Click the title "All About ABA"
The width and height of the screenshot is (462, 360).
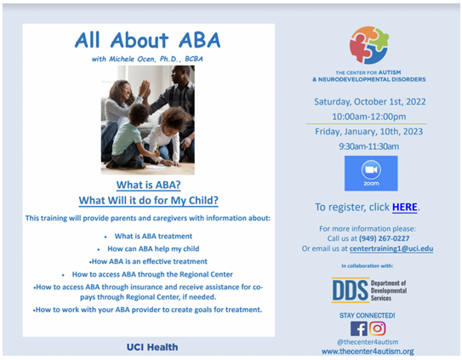tap(147, 40)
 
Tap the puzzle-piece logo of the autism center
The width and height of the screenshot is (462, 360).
tap(369, 45)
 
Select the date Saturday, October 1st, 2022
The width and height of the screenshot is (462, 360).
tap(370, 102)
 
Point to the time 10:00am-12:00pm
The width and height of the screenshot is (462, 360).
tap(369, 117)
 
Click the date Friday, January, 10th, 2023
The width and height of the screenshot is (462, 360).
tap(369, 132)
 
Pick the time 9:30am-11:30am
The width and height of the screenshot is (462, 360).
tap(369, 146)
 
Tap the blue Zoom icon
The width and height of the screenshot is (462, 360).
tap(371, 174)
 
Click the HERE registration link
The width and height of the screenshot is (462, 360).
tap(404, 207)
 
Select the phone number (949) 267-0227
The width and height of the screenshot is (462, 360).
tap(384, 238)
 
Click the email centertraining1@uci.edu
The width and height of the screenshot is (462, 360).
tap(391, 249)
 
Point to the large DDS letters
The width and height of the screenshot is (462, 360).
tap(350, 290)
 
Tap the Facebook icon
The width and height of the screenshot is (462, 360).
tap(358, 329)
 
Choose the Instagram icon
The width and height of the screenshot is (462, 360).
tap(378, 329)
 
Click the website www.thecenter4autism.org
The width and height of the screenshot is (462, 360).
tap(368, 351)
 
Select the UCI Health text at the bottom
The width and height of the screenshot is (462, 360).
tap(152, 347)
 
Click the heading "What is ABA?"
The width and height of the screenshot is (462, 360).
tap(149, 185)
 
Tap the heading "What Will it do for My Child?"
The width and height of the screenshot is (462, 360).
tap(149, 201)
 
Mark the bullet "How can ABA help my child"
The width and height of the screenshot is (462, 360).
tap(153, 249)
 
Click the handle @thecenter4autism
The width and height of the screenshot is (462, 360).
tap(368, 342)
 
